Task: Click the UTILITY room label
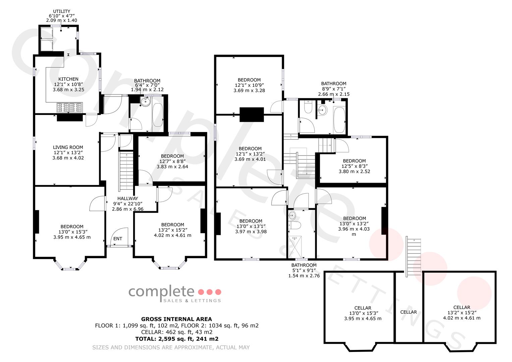(x=61, y=11)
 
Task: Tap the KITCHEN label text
(x=68, y=79)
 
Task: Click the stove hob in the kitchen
(x=69, y=107)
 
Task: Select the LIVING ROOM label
(x=68, y=147)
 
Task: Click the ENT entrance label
(x=118, y=239)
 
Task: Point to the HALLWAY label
(x=128, y=198)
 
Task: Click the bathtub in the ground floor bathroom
(x=158, y=115)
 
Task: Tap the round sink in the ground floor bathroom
(x=146, y=102)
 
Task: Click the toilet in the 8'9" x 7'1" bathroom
(x=308, y=107)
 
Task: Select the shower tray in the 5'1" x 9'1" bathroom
(x=295, y=247)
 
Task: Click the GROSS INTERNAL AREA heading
(x=176, y=319)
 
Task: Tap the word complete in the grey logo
(x=161, y=292)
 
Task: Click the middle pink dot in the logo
(x=210, y=292)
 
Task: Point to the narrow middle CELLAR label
(x=408, y=312)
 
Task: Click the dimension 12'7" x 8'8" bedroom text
(x=172, y=161)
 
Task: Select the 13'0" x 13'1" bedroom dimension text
(x=251, y=226)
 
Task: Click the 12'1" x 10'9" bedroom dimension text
(x=249, y=85)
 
